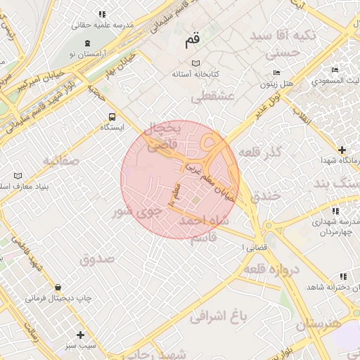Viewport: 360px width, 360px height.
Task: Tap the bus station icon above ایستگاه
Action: (111, 117)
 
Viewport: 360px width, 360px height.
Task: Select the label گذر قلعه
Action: (261, 152)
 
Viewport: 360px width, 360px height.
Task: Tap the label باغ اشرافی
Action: (219, 316)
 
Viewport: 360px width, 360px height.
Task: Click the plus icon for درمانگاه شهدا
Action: (342, 150)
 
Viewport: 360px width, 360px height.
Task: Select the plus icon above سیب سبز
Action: (80, 335)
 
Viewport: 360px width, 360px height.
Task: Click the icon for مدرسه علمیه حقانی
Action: (102, 14)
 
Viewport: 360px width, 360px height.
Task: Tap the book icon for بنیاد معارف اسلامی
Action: (18, 175)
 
